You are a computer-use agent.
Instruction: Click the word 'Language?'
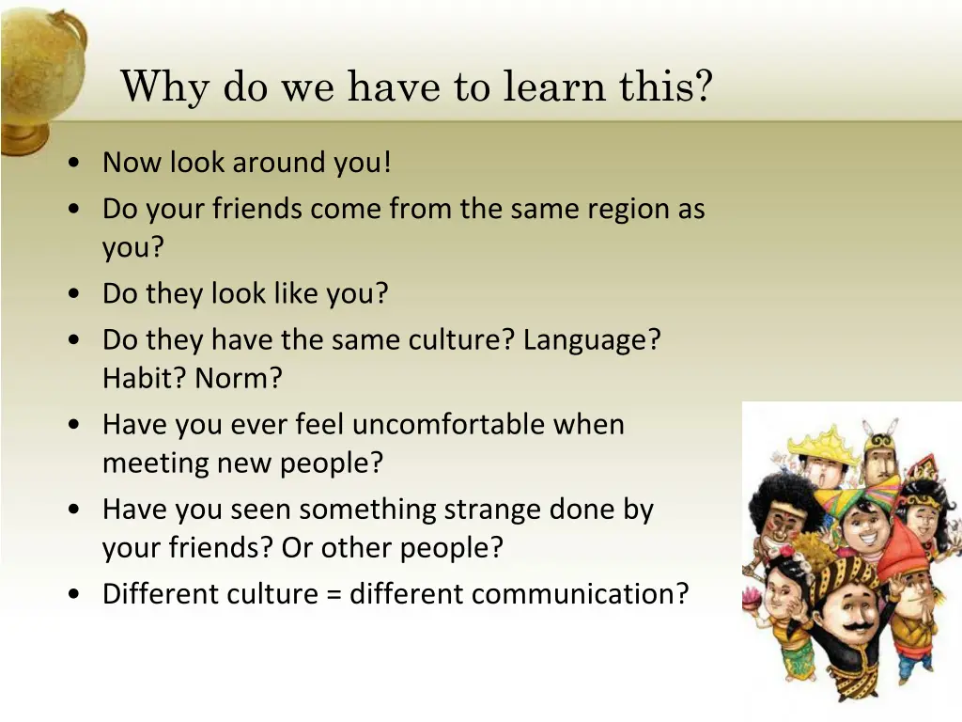pos(592,339)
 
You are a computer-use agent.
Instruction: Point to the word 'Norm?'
pos(239,379)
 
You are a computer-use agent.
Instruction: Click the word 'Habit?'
pos(145,379)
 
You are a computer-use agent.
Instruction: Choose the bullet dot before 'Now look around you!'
pos(73,164)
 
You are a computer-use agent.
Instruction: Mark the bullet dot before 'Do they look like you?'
pos(73,295)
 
